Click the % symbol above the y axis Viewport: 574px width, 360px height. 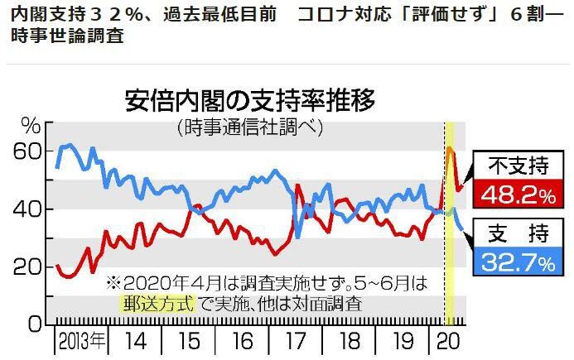[x=31, y=125]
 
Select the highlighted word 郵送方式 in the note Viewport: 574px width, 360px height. [x=157, y=303]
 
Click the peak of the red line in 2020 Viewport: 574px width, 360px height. [x=449, y=148]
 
